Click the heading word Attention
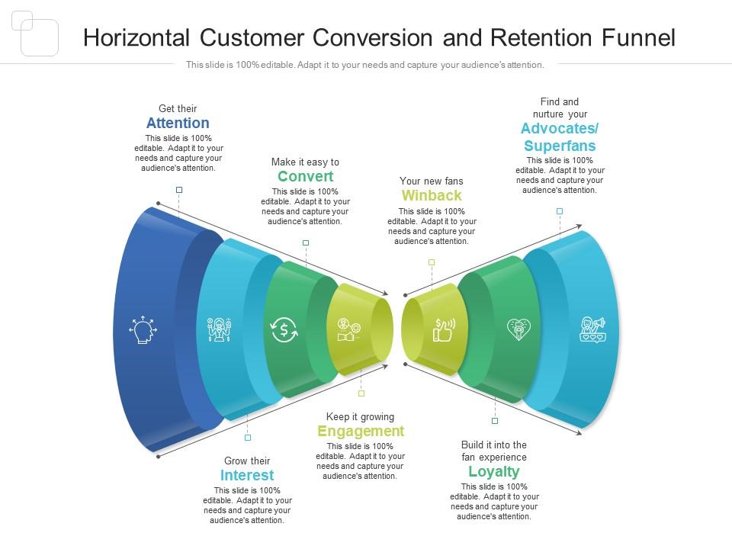tap(178, 124)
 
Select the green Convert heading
tap(305, 177)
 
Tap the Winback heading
tap(432, 196)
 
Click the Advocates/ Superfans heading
tap(559, 136)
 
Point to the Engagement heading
tap(361, 432)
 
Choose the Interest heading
tap(247, 476)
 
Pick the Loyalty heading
tap(494, 471)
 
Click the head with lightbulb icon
tap(143, 330)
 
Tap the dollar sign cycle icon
tap(284, 330)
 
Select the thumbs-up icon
tap(443, 330)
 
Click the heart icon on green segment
tap(518, 329)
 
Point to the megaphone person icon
tap(592, 329)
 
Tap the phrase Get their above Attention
tap(178, 109)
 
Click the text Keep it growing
tap(361, 417)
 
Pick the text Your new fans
tap(432, 181)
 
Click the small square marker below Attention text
tap(179, 190)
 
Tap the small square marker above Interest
tap(248, 438)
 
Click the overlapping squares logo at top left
tap(35, 34)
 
